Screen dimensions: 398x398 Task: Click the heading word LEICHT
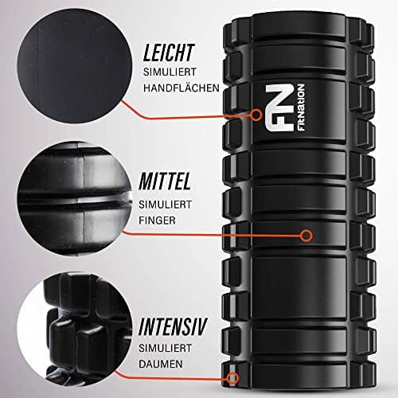tap(169, 53)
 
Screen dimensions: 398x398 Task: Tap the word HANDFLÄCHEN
tap(181, 88)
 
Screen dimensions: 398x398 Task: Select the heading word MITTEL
tap(165, 181)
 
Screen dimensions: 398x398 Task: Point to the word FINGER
tap(157, 220)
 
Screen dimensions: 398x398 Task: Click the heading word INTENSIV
tap(173, 326)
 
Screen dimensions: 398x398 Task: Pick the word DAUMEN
tap(161, 364)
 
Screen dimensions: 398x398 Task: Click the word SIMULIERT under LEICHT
tap(170, 72)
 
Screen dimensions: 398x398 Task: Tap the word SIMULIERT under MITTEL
tap(165, 205)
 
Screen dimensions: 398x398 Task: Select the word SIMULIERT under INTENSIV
tap(165, 348)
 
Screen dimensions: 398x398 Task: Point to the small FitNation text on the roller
tap(300, 107)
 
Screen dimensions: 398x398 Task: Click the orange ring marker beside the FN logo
tap(256, 115)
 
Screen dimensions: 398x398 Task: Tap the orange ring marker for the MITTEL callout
tap(306, 236)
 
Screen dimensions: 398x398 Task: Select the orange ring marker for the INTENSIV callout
tap(232, 377)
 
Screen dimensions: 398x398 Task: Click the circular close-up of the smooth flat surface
tap(75, 66)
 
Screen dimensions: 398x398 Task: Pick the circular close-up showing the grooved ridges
tap(75, 199)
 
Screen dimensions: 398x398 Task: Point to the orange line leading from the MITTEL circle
tap(213, 235)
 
